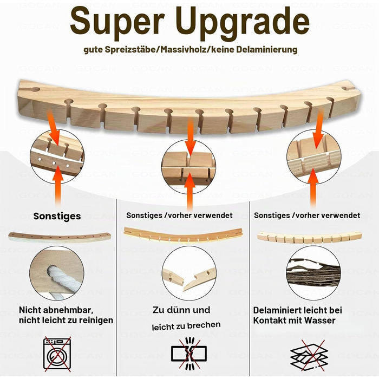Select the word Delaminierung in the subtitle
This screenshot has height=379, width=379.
(266, 49)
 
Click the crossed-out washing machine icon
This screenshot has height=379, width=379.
(57, 354)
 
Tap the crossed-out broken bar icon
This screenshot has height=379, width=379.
(189, 354)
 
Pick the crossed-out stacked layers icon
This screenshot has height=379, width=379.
(309, 355)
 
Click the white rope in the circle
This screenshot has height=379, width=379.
(56, 280)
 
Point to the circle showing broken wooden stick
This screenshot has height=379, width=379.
(189, 273)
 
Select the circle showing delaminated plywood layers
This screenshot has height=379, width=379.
(313, 273)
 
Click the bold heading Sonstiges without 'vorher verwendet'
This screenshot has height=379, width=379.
(57, 216)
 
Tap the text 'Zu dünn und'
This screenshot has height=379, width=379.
(181, 310)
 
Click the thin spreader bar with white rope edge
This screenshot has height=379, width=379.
(60, 237)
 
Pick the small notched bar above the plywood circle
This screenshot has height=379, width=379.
(309, 237)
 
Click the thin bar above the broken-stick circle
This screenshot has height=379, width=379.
(183, 234)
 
